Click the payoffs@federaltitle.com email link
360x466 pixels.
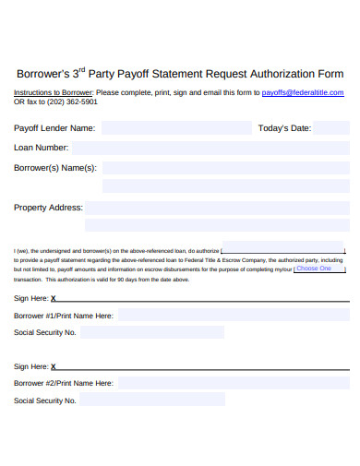[303, 92]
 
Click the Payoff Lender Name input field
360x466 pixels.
[175, 128]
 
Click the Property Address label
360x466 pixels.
[48, 208]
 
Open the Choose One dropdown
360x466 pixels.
[318, 269]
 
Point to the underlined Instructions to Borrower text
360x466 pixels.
[53, 92]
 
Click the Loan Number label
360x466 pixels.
[41, 148]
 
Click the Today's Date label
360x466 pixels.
[284, 128]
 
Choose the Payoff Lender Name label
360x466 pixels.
[54, 128]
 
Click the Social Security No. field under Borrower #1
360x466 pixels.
[152, 332]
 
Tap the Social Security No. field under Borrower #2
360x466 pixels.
[152, 400]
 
